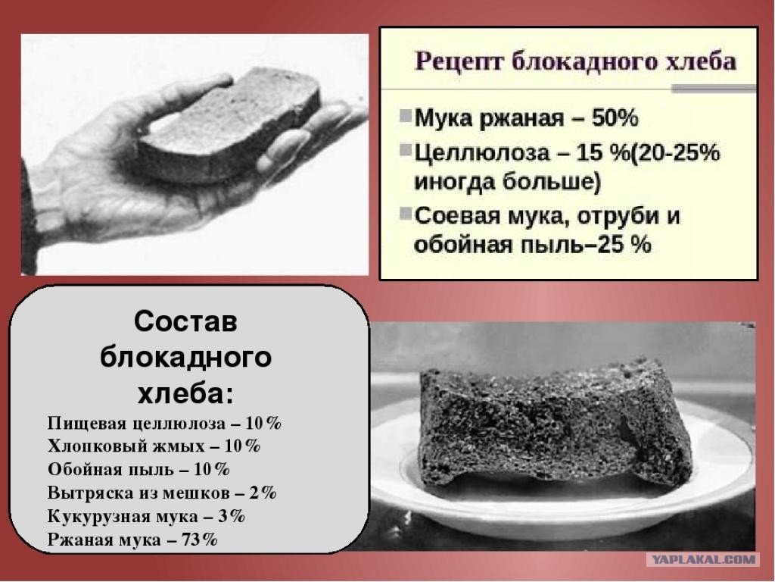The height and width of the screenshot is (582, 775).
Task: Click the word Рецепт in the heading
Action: click(x=458, y=62)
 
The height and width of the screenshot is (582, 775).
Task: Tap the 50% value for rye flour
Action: click(x=615, y=118)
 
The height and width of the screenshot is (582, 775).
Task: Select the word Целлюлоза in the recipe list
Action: click(x=481, y=152)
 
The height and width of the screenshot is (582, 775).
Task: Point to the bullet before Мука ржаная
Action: click(x=406, y=116)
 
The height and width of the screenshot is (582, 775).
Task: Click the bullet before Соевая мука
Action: click(x=406, y=213)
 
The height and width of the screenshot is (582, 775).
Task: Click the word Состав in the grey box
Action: click(x=185, y=321)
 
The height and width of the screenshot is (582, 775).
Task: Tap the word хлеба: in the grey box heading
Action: click(x=185, y=394)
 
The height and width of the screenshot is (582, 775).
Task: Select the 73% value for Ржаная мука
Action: click(x=200, y=540)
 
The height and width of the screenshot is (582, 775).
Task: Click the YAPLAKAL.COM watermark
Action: click(x=702, y=560)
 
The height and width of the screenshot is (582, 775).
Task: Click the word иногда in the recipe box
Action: click(x=454, y=182)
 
